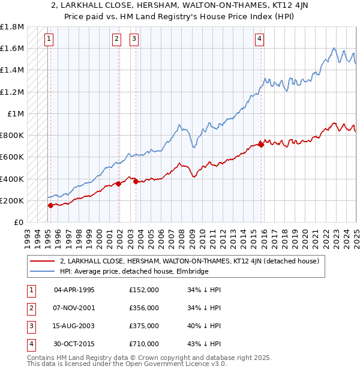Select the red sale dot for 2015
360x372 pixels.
click(x=262, y=144)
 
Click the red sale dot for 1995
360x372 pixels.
click(x=50, y=205)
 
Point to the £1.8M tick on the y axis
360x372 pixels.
click(x=12, y=27)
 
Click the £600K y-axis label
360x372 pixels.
click(x=12, y=157)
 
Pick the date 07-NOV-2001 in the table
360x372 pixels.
click(x=74, y=308)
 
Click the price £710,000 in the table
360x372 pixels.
click(x=144, y=344)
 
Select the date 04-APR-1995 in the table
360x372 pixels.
click(x=74, y=290)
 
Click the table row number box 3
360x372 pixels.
click(x=30, y=326)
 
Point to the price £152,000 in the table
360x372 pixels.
click(x=144, y=290)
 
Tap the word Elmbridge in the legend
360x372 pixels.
click(x=192, y=271)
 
